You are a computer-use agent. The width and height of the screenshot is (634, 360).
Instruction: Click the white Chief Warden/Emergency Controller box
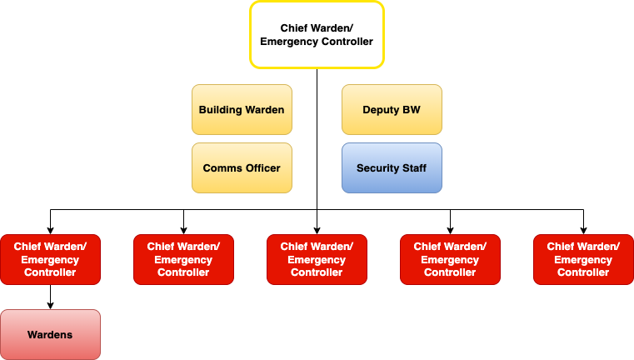tap(317, 34)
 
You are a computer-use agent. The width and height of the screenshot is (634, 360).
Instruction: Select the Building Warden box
tap(242, 109)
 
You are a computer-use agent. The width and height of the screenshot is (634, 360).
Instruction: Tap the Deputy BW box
tap(392, 109)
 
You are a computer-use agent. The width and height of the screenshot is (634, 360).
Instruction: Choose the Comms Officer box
tap(242, 167)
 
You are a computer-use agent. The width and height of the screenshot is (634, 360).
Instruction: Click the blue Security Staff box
tap(392, 167)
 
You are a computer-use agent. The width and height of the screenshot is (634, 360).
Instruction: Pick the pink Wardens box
tap(50, 335)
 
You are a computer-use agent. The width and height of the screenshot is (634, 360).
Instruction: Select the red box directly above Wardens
tap(50, 259)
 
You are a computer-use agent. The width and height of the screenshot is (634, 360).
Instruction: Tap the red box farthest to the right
tap(583, 259)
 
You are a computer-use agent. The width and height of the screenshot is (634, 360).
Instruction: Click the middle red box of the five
tap(317, 259)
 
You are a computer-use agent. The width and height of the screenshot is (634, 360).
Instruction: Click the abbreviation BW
tap(412, 109)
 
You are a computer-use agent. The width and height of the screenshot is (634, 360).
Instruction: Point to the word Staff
tap(414, 167)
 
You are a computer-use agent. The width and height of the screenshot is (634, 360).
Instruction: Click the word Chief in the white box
tap(296, 27)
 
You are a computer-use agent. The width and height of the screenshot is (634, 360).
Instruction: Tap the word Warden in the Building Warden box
tap(266, 109)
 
